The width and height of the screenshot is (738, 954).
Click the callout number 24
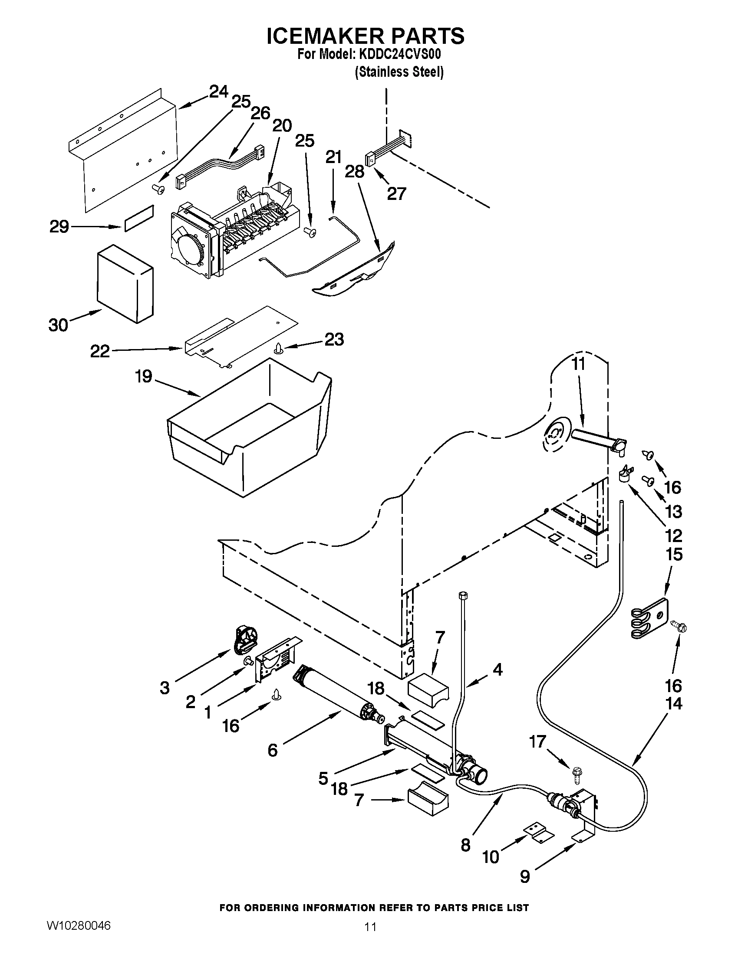(218, 92)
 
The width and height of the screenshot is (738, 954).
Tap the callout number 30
(58, 325)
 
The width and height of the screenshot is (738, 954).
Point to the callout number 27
(396, 193)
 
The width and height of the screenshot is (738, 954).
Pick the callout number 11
(578, 364)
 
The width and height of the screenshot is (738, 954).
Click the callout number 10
(490, 857)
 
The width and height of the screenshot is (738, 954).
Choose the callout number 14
(674, 704)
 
